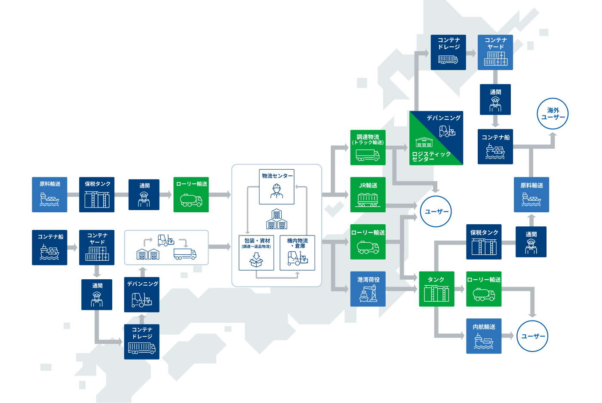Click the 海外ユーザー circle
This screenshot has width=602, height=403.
coord(553,114)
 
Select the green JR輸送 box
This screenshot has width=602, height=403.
coord(368,195)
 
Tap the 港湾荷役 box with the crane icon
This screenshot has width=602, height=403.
coord(368,289)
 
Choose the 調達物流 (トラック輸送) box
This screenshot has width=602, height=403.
coord(368,147)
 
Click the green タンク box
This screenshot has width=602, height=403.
coord(436,289)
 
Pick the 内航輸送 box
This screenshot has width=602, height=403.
coord(484,336)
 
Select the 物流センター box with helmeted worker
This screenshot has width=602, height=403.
coord(276,187)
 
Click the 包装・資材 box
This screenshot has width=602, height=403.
coord(256,253)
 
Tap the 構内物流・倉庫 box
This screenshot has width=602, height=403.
coord(297,253)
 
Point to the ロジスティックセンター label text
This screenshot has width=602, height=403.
coord(431,156)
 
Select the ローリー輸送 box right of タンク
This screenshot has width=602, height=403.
coord(484,289)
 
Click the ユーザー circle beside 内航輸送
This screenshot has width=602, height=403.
coord(532,336)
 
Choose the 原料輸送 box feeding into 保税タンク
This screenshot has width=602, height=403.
coord(49,195)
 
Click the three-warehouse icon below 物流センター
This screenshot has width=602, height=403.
coord(276,220)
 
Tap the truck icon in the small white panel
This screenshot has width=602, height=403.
coord(185,254)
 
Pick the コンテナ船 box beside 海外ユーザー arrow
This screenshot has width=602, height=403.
coord(495,147)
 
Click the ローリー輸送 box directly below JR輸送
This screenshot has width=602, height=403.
coord(368,241)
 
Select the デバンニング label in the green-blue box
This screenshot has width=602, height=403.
coord(443,118)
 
